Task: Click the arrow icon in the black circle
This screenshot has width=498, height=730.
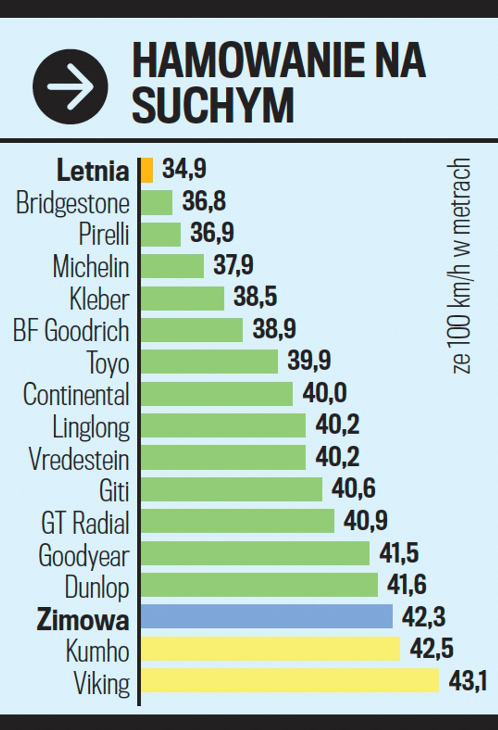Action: coord(70,87)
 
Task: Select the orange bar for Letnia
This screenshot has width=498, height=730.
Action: coord(147,170)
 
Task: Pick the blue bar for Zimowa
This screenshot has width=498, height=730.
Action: coord(266,616)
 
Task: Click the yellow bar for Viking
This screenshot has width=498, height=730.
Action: coord(290,680)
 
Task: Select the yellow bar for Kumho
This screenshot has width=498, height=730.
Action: coord(270,648)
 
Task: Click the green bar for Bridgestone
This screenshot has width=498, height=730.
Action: coord(156,202)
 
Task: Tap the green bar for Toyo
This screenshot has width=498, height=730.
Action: coord(209,361)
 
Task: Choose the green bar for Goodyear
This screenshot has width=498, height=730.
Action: coord(255,553)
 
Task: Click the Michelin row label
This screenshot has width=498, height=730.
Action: coord(91,266)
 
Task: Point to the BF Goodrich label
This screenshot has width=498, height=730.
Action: coord(71,330)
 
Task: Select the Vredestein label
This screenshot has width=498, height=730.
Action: coord(79,459)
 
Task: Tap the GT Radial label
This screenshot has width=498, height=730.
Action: coord(85,522)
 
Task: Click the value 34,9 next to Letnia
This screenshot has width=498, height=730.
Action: coord(184,169)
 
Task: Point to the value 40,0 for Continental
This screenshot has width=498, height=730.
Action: coord(325,393)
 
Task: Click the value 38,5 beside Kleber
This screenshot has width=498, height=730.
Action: coord(255,297)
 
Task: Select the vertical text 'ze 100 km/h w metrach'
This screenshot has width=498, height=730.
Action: coord(462,266)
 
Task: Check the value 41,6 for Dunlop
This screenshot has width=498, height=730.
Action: coord(407,585)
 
